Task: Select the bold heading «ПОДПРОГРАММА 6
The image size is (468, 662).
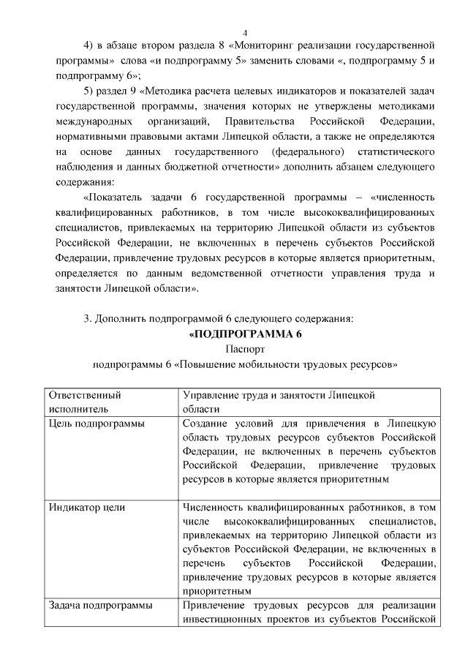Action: [x=245, y=334]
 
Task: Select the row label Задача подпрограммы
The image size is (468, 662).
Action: [x=100, y=605]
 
